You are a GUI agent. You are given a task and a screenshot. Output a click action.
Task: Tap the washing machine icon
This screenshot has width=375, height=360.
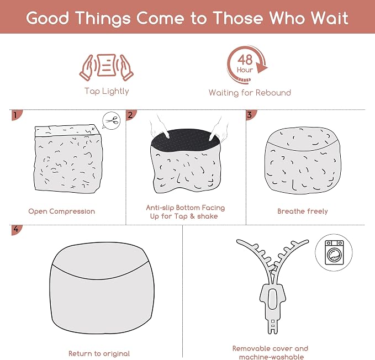[x=334, y=252]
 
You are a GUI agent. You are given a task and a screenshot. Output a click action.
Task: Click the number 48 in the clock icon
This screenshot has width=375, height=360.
[x=245, y=60]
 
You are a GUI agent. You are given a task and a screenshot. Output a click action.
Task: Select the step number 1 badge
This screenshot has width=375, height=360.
[x=17, y=115]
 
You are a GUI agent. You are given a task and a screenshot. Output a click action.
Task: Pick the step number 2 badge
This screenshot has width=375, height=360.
[x=131, y=115]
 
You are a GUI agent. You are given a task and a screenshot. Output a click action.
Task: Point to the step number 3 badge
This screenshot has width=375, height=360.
[x=251, y=115]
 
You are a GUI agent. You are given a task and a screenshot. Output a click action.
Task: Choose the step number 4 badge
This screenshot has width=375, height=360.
[x=17, y=230]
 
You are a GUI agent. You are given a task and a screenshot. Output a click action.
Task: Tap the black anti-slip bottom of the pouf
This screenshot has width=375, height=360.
[x=186, y=140]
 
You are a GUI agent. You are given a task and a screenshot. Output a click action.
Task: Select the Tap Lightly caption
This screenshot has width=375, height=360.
[x=107, y=91]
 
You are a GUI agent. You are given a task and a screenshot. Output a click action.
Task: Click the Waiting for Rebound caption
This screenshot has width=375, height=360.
[x=250, y=93]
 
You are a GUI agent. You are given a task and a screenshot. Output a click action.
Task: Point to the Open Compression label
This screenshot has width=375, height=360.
[x=62, y=211]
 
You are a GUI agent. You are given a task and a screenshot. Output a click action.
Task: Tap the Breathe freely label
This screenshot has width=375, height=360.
[x=303, y=211]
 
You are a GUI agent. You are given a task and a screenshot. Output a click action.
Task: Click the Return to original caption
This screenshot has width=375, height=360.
[x=99, y=353]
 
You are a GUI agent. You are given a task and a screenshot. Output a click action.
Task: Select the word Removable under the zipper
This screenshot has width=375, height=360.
[x=253, y=348]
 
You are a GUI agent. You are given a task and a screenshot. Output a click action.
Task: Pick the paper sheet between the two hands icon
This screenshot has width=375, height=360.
[x=107, y=65]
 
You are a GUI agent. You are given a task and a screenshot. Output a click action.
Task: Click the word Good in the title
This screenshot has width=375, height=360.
[x=47, y=18]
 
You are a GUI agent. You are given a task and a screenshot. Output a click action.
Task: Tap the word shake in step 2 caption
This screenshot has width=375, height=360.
[x=207, y=216]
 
